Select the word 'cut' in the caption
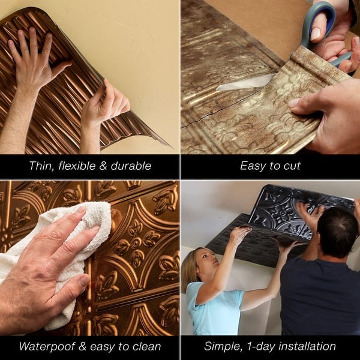click(x=291, y=166)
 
